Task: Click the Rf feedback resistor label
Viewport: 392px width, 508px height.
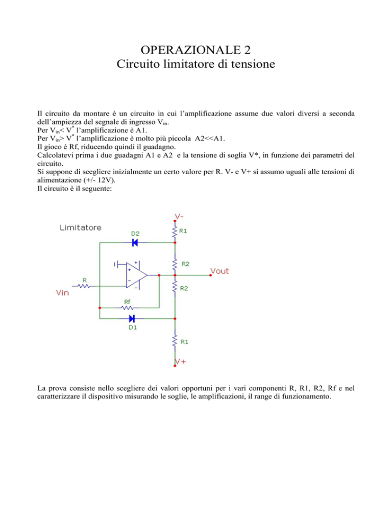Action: [x=128, y=302]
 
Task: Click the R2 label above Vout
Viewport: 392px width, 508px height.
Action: [x=185, y=264]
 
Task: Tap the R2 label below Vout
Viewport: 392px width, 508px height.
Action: [x=185, y=288]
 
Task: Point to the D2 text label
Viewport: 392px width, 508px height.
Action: [x=135, y=233]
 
